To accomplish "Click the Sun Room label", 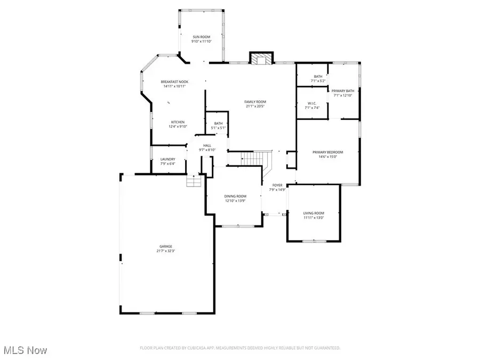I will tap(202, 36).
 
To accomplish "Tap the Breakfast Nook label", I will tap(174, 82).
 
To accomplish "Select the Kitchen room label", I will tap(178, 122).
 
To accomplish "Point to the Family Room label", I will tap(255, 102).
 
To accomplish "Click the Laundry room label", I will tap(168, 159).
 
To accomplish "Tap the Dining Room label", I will tap(235, 196).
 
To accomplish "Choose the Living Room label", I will tap(314, 213).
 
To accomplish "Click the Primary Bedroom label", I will tap(327, 153).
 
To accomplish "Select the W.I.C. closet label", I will tap(312, 103).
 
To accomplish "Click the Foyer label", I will tap(278, 185).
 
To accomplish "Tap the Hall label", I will tap(207, 146).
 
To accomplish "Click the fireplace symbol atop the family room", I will tap(261, 58).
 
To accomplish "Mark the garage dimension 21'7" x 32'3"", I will tap(166, 251).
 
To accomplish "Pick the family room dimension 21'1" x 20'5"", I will tap(255, 106).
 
